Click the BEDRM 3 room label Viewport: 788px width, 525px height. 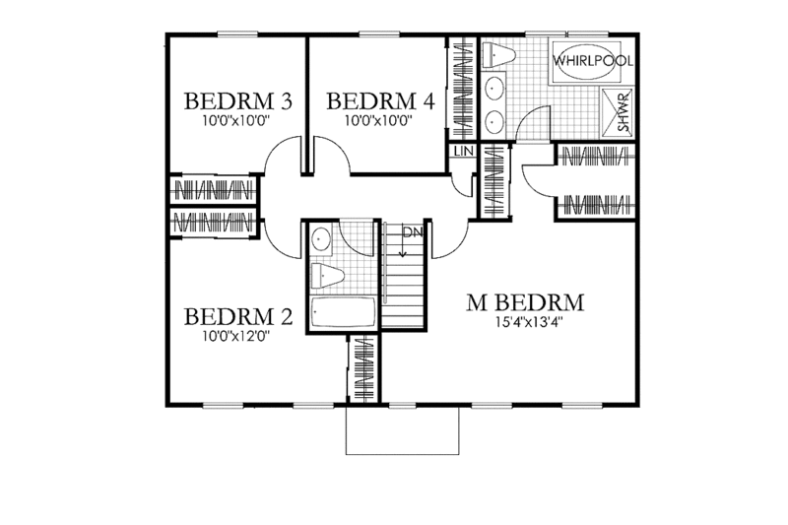pos(237,100)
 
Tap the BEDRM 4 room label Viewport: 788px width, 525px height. pos(379,100)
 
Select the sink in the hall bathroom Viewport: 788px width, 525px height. pos(321,239)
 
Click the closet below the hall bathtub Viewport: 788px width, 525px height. pos(361,368)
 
